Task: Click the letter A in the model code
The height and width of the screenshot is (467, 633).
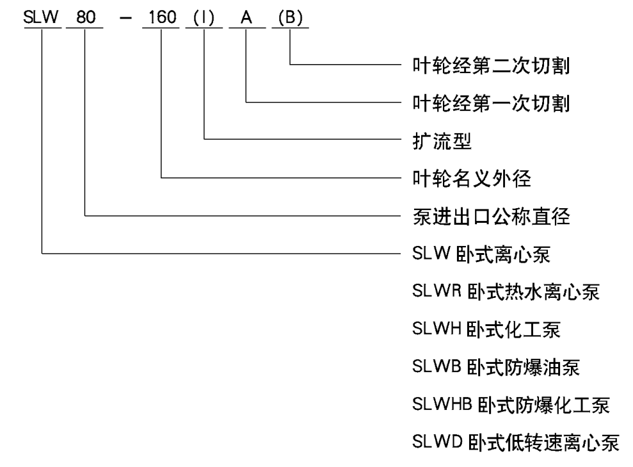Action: pyautogui.click(x=246, y=17)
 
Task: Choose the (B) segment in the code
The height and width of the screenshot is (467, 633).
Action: pyautogui.click(x=291, y=17)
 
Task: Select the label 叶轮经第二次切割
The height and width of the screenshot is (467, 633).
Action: pyautogui.click(x=491, y=64)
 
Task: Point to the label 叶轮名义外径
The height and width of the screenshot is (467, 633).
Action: pyautogui.click(x=472, y=177)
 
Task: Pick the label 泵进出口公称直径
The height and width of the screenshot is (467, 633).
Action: pyautogui.click(x=491, y=217)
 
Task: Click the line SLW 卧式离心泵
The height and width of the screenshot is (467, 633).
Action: pyautogui.click(x=481, y=254)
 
